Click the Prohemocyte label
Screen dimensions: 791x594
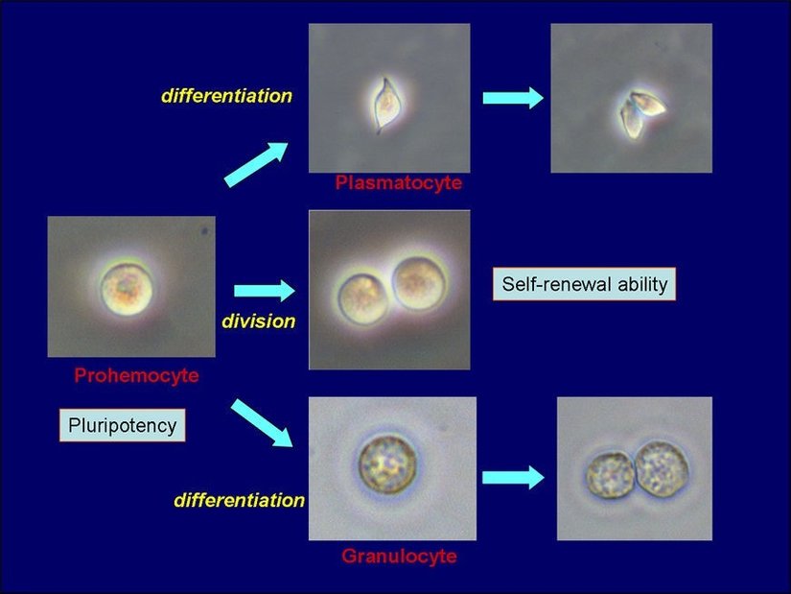tap(137, 375)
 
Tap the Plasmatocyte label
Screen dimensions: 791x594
tap(399, 182)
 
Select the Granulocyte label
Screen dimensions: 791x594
tap(400, 557)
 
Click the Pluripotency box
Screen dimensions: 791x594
tap(123, 425)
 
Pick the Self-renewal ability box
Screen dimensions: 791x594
tap(584, 284)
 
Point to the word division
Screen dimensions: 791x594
tap(259, 321)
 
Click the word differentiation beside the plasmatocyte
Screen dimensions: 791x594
tap(226, 96)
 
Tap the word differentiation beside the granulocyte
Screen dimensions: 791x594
tap(240, 500)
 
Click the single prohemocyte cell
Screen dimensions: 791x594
tap(127, 289)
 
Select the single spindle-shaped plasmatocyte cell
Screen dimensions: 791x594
tap(386, 105)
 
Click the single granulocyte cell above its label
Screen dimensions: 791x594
tap(387, 464)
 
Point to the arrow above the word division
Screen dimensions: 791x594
tap(265, 291)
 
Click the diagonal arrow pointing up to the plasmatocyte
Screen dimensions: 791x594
tap(256, 164)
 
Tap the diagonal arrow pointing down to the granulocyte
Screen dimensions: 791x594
tap(262, 423)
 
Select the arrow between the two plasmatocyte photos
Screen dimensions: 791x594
tap(513, 97)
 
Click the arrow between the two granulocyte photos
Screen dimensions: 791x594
tap(513, 477)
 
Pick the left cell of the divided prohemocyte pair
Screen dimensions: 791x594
tap(362, 298)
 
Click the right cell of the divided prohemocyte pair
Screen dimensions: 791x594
tap(420, 283)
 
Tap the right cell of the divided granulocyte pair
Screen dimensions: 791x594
tap(662, 469)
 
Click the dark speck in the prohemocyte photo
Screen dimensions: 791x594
tap(205, 231)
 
